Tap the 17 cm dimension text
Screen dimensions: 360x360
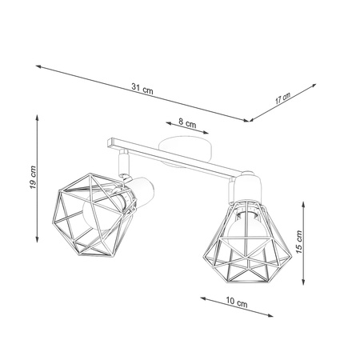(282, 98)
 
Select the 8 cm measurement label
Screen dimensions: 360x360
(186, 124)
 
